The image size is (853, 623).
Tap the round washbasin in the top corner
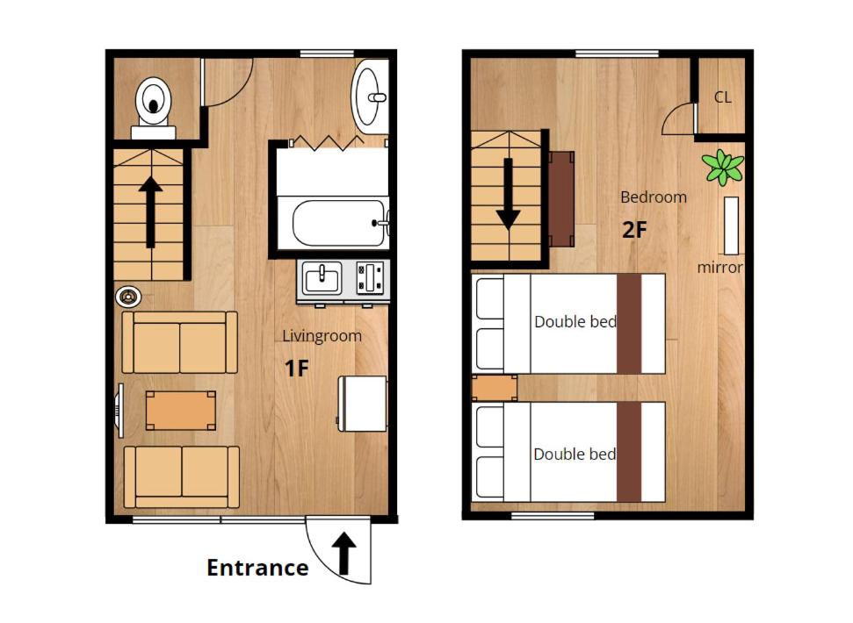coord(371,96)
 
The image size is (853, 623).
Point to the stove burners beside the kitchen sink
coord(372,280)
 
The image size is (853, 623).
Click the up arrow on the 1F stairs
coord(150,211)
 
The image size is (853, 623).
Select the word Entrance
coord(257,568)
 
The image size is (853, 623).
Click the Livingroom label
coord(322,336)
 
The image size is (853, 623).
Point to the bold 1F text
coord(297,369)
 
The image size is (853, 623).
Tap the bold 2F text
coord(634,231)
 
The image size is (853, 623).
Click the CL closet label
coord(722,97)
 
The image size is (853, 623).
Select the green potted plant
coord(723,166)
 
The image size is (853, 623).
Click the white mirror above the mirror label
coord(731,226)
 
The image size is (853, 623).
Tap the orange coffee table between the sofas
coord(180,410)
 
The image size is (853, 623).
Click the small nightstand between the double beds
coord(494,388)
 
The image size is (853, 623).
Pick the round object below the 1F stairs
coord(128,297)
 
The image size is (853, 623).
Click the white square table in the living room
coord(363,403)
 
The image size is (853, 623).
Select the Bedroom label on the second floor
coord(653,197)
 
